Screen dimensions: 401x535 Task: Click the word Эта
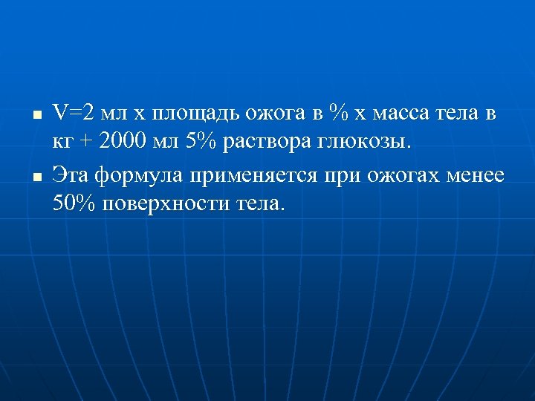71,176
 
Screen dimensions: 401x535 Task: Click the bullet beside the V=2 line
36,116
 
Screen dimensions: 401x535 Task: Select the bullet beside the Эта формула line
36,177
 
